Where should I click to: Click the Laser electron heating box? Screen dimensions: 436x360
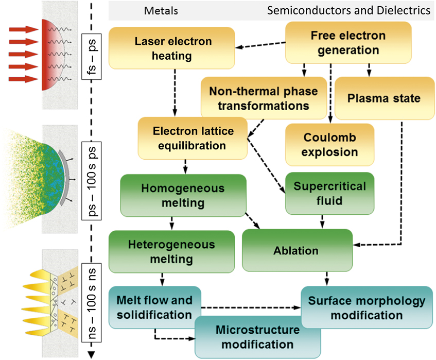(x=172, y=48)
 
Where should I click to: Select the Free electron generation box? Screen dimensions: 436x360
(x=348, y=43)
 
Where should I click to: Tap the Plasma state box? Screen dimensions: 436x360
(x=385, y=98)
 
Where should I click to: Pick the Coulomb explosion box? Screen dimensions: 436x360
(x=330, y=145)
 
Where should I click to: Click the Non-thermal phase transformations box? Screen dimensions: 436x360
(x=264, y=98)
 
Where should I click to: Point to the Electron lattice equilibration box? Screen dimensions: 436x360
(x=193, y=138)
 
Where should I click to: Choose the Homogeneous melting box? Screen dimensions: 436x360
(x=183, y=195)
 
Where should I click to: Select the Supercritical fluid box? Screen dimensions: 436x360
(x=330, y=193)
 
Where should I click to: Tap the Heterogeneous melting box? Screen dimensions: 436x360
(x=171, y=251)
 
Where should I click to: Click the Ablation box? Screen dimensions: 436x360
(x=297, y=250)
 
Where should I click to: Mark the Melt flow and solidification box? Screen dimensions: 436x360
(x=155, y=307)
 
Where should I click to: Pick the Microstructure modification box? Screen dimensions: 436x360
(x=258, y=337)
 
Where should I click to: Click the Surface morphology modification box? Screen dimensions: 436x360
(x=367, y=307)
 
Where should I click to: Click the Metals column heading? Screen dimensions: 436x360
(x=161, y=11)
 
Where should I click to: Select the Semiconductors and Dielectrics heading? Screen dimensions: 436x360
(x=348, y=11)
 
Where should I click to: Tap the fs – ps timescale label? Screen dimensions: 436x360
(x=92, y=57)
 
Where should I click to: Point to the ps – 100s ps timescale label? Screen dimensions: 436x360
(x=92, y=181)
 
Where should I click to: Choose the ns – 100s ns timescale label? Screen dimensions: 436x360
(x=92, y=303)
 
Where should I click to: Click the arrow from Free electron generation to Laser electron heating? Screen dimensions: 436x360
(x=260, y=45)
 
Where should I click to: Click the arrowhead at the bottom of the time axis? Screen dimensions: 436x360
(x=92, y=355)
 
